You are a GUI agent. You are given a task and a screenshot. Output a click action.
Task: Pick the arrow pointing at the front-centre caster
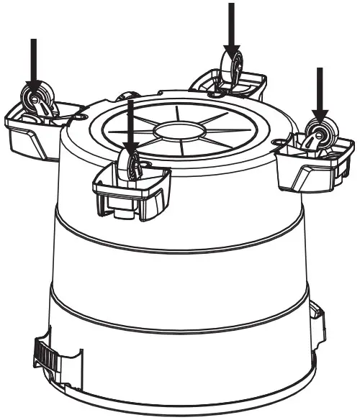coord(130,122)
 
